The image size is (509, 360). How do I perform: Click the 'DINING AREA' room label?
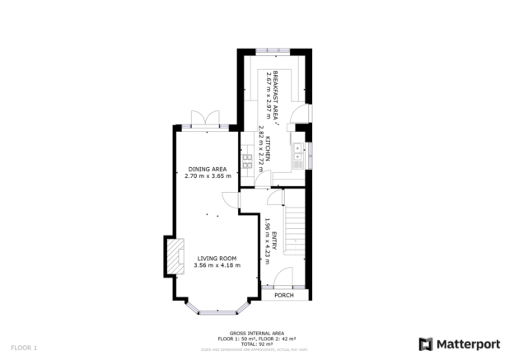pos(206,169)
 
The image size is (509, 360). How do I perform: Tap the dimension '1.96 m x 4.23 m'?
pos(267,239)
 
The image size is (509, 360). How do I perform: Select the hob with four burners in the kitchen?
pos(246,161)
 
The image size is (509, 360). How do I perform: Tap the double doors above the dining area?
pos(202,118)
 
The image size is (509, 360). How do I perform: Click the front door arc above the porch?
pos(283,278)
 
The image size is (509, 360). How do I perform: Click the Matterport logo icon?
pos(426,344)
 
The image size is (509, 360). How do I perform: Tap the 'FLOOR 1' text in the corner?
pos(24,348)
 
